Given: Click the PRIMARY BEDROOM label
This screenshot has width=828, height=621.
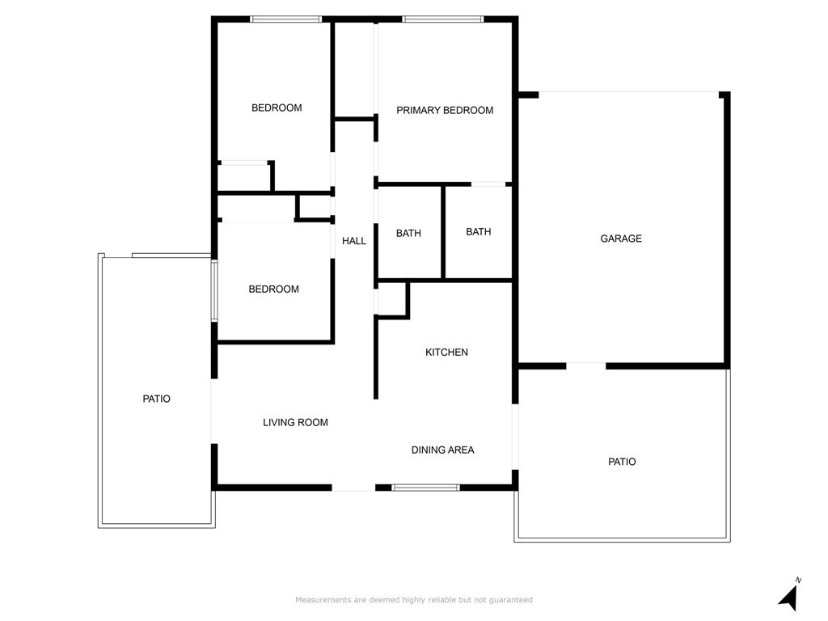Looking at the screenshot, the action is click(x=445, y=110).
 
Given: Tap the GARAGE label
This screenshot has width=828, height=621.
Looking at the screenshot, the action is click(x=621, y=239).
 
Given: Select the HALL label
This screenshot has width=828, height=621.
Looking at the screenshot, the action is click(x=354, y=241).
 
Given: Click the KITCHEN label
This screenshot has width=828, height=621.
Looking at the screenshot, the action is click(x=446, y=352).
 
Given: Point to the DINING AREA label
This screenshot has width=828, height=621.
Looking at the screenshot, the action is click(x=442, y=450).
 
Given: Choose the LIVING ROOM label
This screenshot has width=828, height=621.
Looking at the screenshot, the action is click(x=295, y=422).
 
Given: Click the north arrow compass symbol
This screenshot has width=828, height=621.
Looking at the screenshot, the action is click(x=789, y=595).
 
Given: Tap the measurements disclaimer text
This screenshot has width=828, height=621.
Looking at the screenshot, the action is click(x=414, y=600).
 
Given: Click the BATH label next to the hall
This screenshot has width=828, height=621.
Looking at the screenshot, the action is click(x=408, y=233).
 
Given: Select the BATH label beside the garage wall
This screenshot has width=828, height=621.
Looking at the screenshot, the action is click(x=479, y=232).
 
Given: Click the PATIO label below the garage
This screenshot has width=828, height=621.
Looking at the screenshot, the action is click(x=622, y=462).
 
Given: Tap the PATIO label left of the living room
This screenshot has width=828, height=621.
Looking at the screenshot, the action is click(x=156, y=399).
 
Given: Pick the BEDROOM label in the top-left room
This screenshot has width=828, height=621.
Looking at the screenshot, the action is click(x=277, y=108).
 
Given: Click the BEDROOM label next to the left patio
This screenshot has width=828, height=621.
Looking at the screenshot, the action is click(x=273, y=289).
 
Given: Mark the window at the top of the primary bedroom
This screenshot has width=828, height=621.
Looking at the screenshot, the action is click(x=442, y=19).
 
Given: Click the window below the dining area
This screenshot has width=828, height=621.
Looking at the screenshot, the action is click(x=425, y=488).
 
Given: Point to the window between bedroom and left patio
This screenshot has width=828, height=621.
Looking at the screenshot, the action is click(x=214, y=290).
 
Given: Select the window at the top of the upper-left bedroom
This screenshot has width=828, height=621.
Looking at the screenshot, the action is click(x=285, y=19).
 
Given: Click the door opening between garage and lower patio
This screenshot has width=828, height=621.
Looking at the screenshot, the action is click(x=586, y=365).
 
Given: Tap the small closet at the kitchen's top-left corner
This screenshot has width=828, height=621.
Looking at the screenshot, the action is click(x=392, y=299).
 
